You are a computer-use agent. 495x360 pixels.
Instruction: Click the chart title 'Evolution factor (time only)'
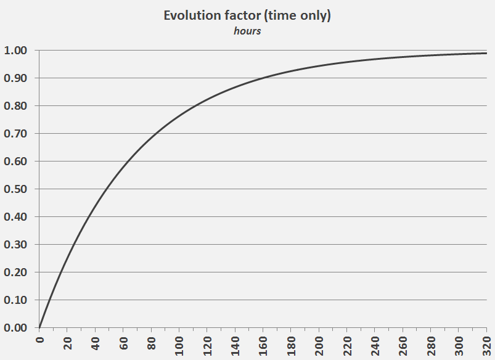click(247, 16)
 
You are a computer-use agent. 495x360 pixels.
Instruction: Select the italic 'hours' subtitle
click(247, 31)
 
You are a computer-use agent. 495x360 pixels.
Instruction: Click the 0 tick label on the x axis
click(39, 340)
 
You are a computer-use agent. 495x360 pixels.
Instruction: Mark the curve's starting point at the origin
click(39, 327)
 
